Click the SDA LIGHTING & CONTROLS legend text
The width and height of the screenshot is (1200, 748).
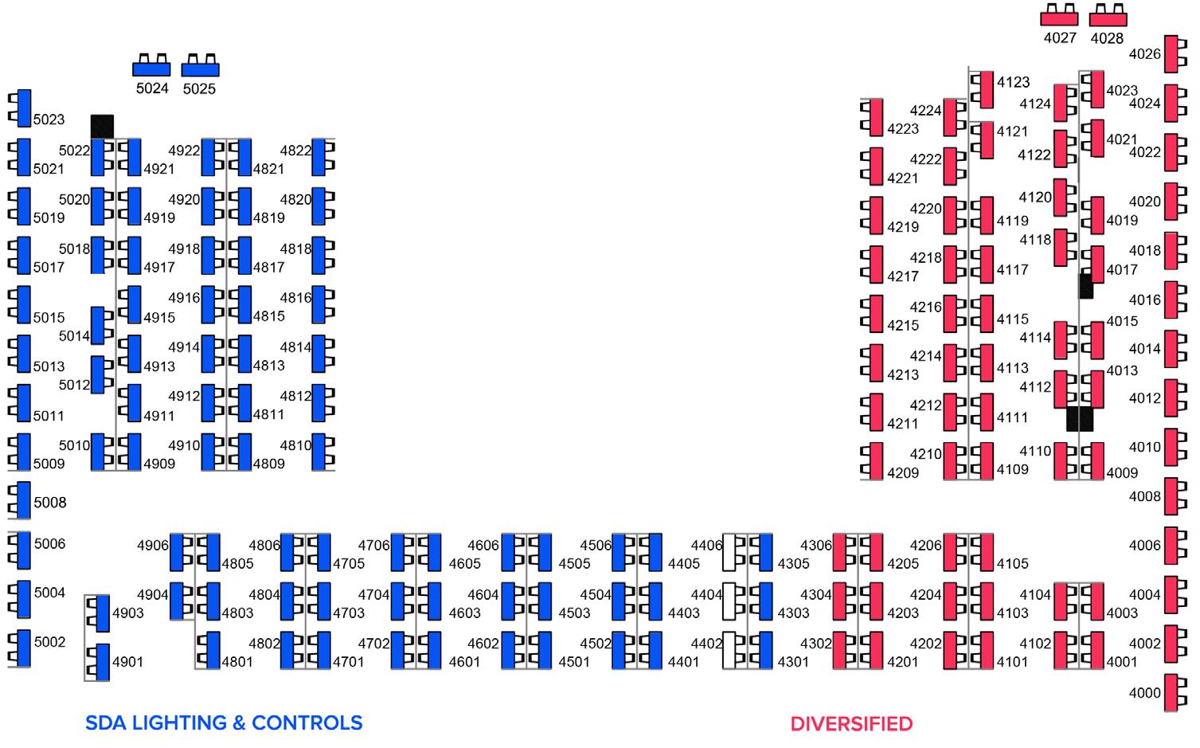[224, 723]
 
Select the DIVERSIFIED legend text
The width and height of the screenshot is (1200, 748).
[851, 724]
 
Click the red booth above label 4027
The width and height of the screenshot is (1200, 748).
[1060, 18]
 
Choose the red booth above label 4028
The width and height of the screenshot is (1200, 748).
[1108, 18]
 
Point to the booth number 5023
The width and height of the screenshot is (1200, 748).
[49, 119]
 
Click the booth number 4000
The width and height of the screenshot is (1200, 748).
[1145, 693]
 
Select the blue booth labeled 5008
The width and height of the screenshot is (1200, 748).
[23, 501]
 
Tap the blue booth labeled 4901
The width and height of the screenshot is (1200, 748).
[103, 662]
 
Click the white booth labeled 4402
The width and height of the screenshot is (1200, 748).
[729, 651]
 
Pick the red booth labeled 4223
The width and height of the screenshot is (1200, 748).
[876, 117]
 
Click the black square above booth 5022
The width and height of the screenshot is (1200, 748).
[102, 126]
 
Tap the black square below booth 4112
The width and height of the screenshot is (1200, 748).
[1080, 419]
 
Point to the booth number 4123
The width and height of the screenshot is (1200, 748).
[1013, 82]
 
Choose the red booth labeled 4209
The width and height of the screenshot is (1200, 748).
[876, 461]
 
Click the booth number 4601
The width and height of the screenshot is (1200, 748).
[464, 662]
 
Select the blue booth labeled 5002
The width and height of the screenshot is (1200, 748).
[23, 649]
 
